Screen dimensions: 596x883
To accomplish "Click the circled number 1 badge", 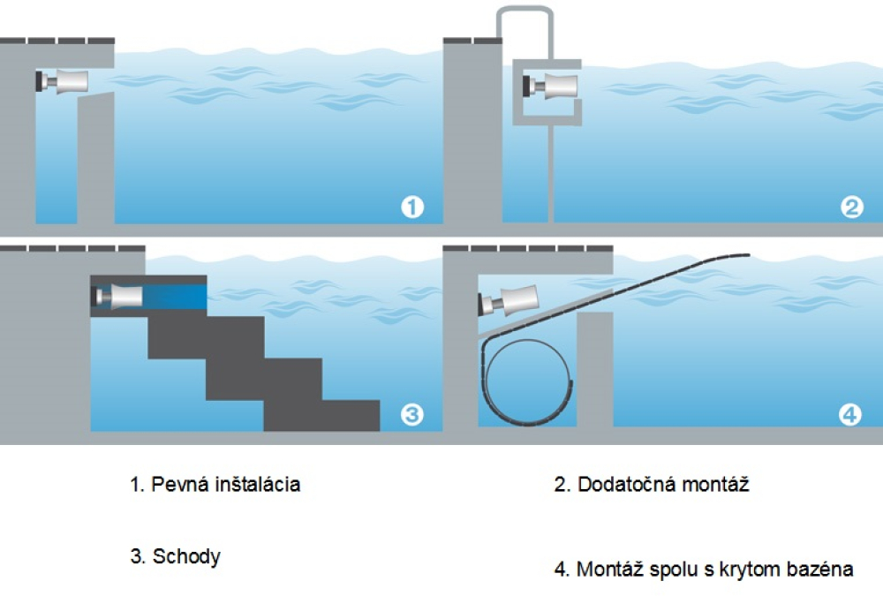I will point(411,207).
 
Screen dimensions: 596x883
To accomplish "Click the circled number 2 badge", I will point(851,207).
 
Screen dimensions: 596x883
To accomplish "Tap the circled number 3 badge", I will point(411,413).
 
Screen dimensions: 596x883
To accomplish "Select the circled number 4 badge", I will point(849,413).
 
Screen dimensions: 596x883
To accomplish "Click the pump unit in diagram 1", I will point(63,81).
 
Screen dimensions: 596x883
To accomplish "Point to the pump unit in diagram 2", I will point(551,86).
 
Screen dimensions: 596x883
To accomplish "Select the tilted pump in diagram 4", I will point(509,300).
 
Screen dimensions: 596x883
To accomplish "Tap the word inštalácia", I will point(259,485).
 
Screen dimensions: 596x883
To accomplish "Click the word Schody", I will point(186,556).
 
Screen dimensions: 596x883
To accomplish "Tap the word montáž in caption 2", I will point(716,484).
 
